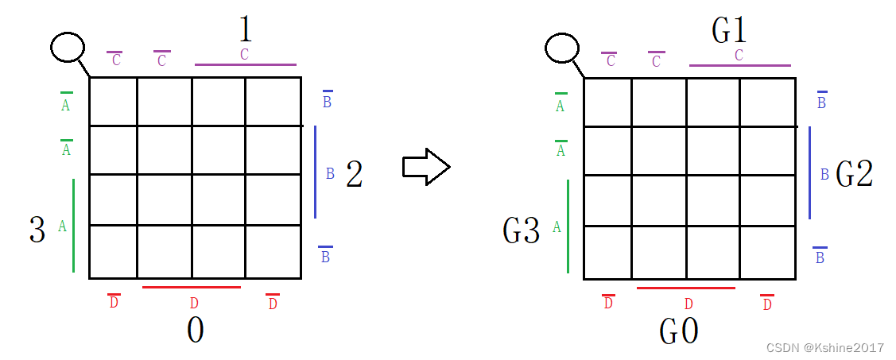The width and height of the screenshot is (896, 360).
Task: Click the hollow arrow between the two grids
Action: pyautogui.click(x=426, y=166)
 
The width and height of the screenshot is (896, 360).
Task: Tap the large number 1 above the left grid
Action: pyautogui.click(x=245, y=30)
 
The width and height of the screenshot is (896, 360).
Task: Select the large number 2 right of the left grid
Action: pyautogui.click(x=354, y=175)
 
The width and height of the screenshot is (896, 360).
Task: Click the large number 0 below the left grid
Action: pyautogui.click(x=195, y=331)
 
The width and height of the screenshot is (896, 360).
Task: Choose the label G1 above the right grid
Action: pyautogui.click(x=729, y=30)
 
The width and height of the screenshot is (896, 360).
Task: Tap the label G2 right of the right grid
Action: pyautogui.click(x=854, y=175)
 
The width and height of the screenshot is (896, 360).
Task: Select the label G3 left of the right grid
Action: pyautogui.click(x=522, y=230)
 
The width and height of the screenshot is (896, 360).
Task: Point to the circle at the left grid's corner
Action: pyautogui.click(x=68, y=48)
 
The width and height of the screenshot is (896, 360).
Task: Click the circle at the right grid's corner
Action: pyautogui.click(x=562, y=48)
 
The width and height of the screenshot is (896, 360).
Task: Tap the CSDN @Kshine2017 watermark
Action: pyautogui.click(x=824, y=347)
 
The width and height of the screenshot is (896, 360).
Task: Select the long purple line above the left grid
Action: pyautogui.click(x=245, y=64)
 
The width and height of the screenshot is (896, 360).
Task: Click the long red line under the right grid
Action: pyautogui.click(x=686, y=288)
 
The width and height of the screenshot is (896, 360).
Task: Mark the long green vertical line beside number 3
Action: pyautogui.click(x=73, y=226)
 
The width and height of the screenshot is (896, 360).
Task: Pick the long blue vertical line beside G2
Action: pyautogui.click(x=809, y=172)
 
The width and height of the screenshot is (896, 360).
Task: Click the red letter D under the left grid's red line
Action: pyautogui.click(x=194, y=303)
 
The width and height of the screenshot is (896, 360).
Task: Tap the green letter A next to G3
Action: pyautogui.click(x=557, y=227)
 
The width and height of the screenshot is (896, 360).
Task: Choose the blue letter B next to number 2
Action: pyautogui.click(x=330, y=172)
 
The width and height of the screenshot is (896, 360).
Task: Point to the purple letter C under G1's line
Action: pyautogui.click(x=739, y=56)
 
